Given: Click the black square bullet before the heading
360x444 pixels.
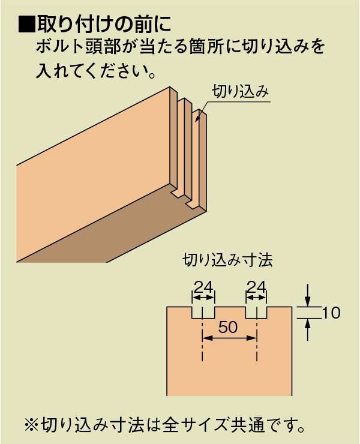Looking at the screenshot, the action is (27, 24).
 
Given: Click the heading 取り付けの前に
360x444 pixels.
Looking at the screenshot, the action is (104, 24).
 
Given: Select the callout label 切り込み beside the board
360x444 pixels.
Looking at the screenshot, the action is (240, 91).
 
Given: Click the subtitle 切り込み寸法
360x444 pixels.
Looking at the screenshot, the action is (227, 260).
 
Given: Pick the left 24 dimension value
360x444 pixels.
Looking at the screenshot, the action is (203, 287).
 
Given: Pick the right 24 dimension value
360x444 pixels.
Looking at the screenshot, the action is (257, 287).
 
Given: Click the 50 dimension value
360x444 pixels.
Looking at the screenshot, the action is (228, 327).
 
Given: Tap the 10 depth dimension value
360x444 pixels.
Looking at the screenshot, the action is (331, 313).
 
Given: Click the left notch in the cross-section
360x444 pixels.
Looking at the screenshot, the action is (203, 313).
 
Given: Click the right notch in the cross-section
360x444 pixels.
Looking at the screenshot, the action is (256, 313).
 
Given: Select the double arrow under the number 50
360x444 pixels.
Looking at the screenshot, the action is (229, 338).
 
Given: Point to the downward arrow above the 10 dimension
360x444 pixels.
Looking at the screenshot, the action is (308, 295).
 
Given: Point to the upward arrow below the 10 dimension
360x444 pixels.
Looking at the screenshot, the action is (308, 329).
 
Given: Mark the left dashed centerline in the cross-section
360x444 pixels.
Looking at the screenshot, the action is (203, 334).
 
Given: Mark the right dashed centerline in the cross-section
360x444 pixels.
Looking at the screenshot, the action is (257, 334).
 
